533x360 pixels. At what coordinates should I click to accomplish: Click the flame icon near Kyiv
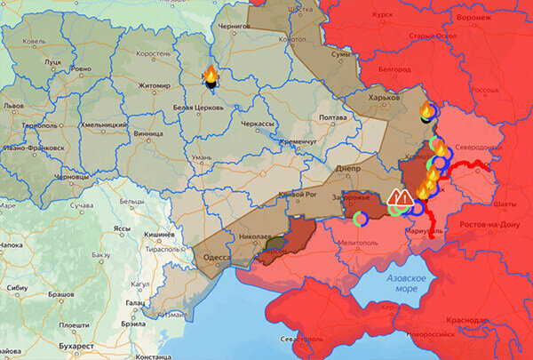click(211, 78)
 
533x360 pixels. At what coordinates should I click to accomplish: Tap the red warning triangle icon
click(400, 198)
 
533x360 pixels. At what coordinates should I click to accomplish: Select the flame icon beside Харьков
click(426, 111)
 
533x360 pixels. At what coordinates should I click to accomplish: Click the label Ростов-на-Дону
click(490, 226)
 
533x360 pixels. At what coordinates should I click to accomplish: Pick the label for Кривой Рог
click(298, 195)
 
